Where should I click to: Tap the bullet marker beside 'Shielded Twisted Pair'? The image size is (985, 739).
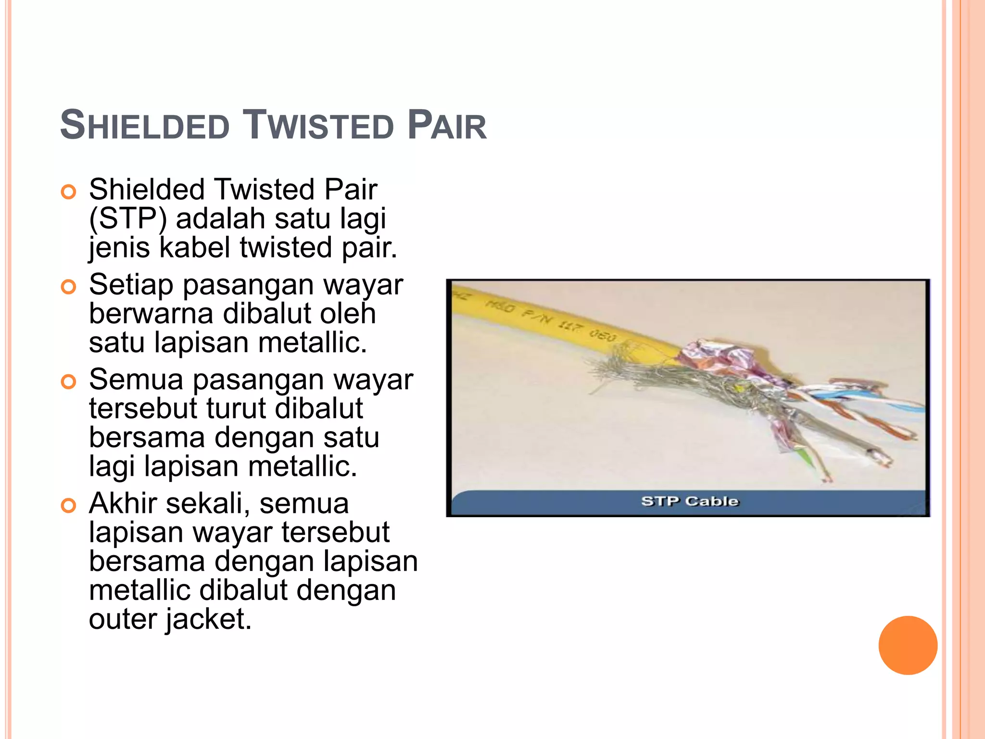point(69,192)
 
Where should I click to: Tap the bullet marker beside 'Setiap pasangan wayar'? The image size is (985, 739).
point(69,287)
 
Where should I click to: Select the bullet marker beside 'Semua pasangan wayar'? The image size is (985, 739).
point(69,382)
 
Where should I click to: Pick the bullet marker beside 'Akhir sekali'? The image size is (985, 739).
point(69,506)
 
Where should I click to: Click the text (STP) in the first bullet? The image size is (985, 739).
point(128,219)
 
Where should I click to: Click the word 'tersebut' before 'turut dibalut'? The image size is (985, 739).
point(143,408)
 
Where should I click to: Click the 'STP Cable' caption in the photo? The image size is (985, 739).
point(689,501)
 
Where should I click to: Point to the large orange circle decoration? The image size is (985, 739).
point(908,645)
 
